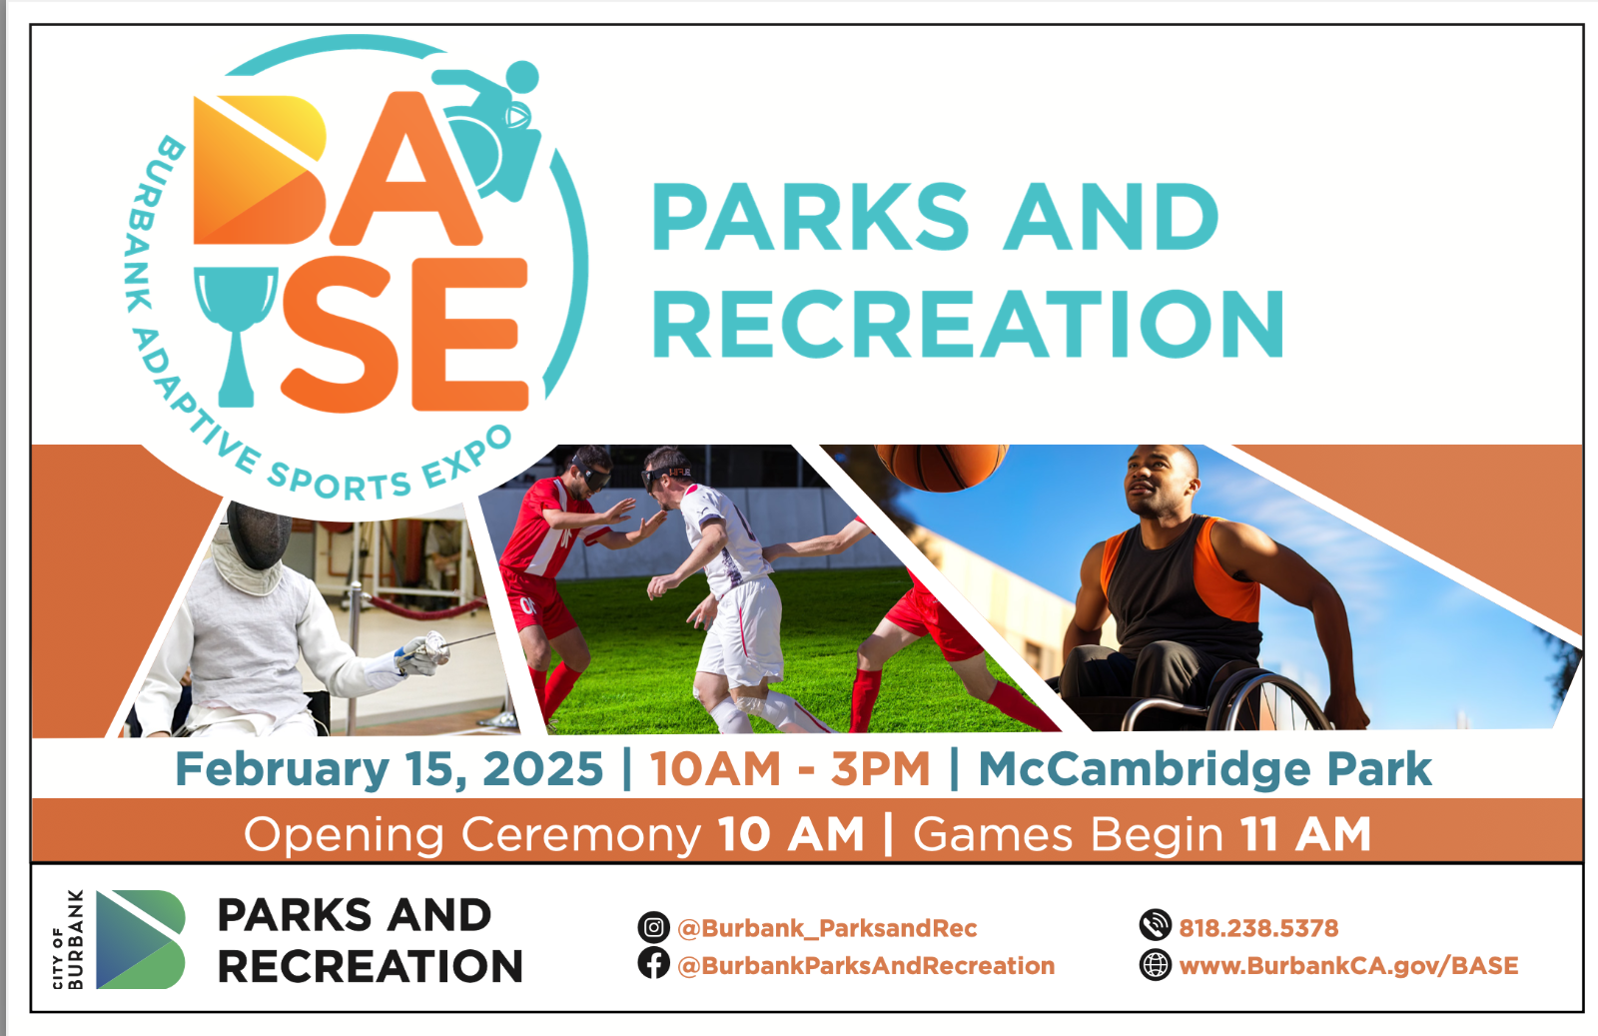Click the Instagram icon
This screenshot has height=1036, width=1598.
(x=653, y=927)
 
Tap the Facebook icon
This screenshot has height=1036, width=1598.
(x=653, y=963)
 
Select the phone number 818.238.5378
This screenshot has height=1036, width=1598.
(x=1258, y=928)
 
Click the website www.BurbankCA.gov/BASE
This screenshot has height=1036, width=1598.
(x=1348, y=966)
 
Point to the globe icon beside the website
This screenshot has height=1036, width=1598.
(x=1155, y=965)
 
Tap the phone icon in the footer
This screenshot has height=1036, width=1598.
(x=1155, y=925)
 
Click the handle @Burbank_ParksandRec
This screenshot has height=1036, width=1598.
(x=827, y=928)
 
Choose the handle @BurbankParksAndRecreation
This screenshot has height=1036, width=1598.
(x=865, y=966)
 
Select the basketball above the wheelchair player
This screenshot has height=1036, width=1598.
(x=942, y=468)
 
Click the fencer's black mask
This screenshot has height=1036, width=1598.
(x=259, y=534)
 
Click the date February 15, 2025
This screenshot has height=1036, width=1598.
(x=390, y=769)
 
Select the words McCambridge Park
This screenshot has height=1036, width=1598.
(x=1204, y=769)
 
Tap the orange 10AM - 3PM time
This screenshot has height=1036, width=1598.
(x=790, y=769)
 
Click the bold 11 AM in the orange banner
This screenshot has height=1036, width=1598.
(x=1305, y=834)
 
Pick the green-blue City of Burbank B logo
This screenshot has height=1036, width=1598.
(x=141, y=939)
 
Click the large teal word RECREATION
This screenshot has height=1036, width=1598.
(x=968, y=324)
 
